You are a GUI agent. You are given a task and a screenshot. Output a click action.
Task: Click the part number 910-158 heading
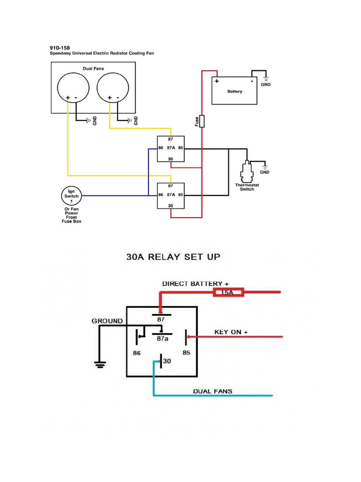(x=60, y=48)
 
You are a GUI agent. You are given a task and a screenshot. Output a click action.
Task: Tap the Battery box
(x=235, y=91)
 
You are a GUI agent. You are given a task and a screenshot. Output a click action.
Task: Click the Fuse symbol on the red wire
(x=202, y=121)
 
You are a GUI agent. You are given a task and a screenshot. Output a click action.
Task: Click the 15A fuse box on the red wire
(x=228, y=293)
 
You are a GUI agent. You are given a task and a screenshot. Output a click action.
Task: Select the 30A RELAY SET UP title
(x=173, y=257)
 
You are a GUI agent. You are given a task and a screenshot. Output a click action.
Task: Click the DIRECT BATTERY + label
(x=196, y=284)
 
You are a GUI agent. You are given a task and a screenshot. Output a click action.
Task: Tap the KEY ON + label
(x=231, y=332)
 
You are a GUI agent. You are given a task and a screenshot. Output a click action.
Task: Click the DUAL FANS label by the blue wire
(x=212, y=391)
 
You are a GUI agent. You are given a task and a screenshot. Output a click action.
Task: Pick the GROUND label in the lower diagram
(x=107, y=321)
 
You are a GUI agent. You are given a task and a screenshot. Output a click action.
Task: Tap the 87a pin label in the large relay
(x=163, y=338)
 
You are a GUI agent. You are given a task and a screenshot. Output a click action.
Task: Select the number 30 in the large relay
(x=167, y=361)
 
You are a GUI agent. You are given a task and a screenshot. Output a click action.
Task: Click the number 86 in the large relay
(x=137, y=353)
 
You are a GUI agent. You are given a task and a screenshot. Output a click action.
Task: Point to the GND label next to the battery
(x=266, y=85)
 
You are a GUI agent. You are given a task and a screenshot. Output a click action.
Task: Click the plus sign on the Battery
(x=217, y=81)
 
